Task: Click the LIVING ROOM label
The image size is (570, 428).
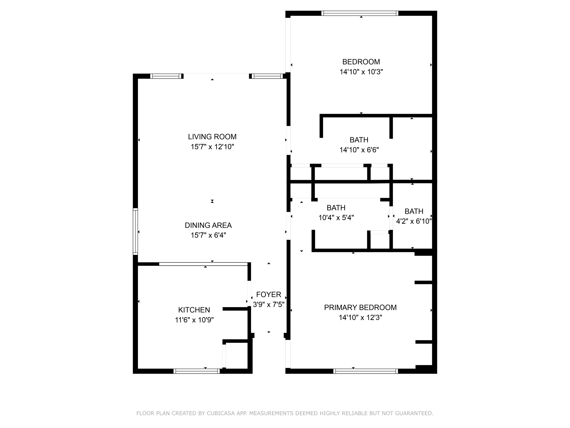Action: [212, 137]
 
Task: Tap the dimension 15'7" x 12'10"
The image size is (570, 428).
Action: [212, 147]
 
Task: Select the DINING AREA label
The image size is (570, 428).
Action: [208, 225]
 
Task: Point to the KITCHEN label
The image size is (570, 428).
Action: [194, 310]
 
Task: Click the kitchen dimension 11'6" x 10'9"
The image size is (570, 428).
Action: [194, 320]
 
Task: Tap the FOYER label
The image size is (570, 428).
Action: [269, 295]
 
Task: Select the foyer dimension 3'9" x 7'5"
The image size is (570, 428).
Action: [269, 305]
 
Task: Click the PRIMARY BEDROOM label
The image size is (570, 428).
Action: [360, 307]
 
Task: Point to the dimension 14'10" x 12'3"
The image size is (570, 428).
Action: [360, 318]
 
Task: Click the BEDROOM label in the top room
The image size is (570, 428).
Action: [361, 62]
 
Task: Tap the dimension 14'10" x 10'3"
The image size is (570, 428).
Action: [361, 72]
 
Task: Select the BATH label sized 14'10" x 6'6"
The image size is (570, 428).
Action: [359, 140]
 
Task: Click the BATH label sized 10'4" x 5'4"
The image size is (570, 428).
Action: [336, 208]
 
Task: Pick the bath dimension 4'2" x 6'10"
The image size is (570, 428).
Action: [414, 221]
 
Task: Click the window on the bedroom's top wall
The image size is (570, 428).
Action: [360, 13]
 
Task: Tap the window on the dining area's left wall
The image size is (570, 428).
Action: [135, 232]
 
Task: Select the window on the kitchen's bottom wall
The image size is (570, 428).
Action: [196, 371]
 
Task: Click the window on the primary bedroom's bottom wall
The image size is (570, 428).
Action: [365, 371]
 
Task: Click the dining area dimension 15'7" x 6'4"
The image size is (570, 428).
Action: [208, 235]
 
